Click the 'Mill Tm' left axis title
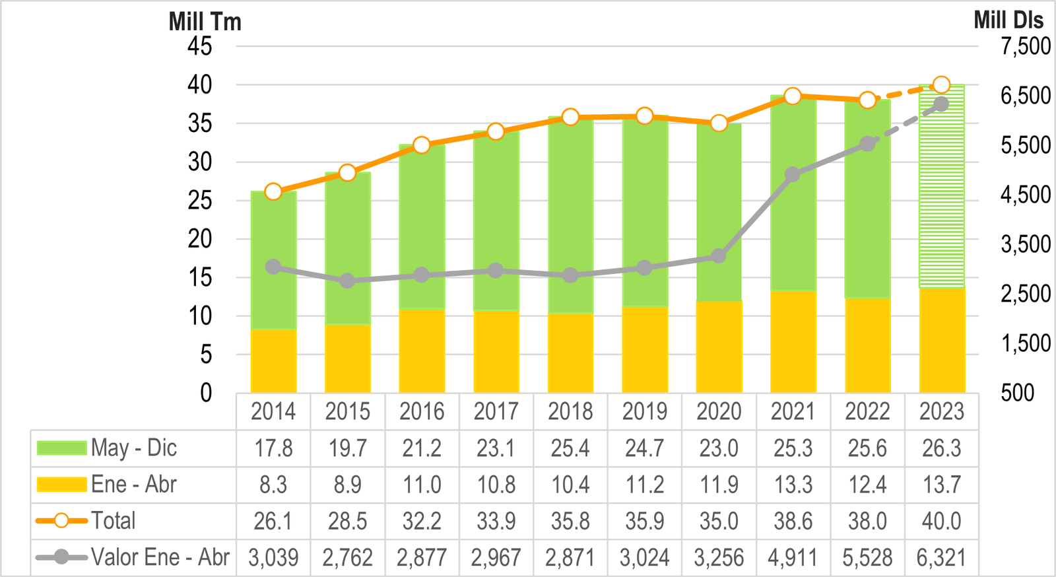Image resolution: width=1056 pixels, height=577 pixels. tap(205, 21)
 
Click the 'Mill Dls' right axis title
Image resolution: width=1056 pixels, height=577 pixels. tap(1008, 20)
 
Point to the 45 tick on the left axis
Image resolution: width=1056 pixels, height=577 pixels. tap(199, 46)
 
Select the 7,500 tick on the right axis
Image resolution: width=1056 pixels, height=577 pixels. tap(1025, 46)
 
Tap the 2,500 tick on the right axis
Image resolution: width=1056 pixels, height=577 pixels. tap(1025, 294)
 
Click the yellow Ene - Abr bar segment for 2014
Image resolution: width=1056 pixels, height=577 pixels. tap(273, 361)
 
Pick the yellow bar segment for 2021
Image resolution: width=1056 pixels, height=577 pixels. tap(793, 342)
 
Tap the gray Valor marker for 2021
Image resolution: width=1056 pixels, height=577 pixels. tap(793, 174)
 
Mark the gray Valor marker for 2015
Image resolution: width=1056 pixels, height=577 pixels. tap(348, 281)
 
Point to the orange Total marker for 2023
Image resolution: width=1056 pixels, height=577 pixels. tap(942, 85)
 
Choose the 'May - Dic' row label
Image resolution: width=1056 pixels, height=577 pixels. tap(134, 448)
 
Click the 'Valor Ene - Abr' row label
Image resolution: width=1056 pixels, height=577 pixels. tap(160, 557)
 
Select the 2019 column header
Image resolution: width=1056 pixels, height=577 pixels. tap(645, 412)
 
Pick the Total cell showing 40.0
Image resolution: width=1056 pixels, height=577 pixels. tap(942, 521)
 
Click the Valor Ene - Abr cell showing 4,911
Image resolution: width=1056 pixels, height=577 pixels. tap(793, 558)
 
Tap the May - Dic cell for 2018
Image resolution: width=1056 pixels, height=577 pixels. tap(570, 449)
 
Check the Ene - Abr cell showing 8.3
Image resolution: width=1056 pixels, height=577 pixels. tap(273, 485)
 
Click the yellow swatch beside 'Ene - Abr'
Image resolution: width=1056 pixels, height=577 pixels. tap(61, 485)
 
